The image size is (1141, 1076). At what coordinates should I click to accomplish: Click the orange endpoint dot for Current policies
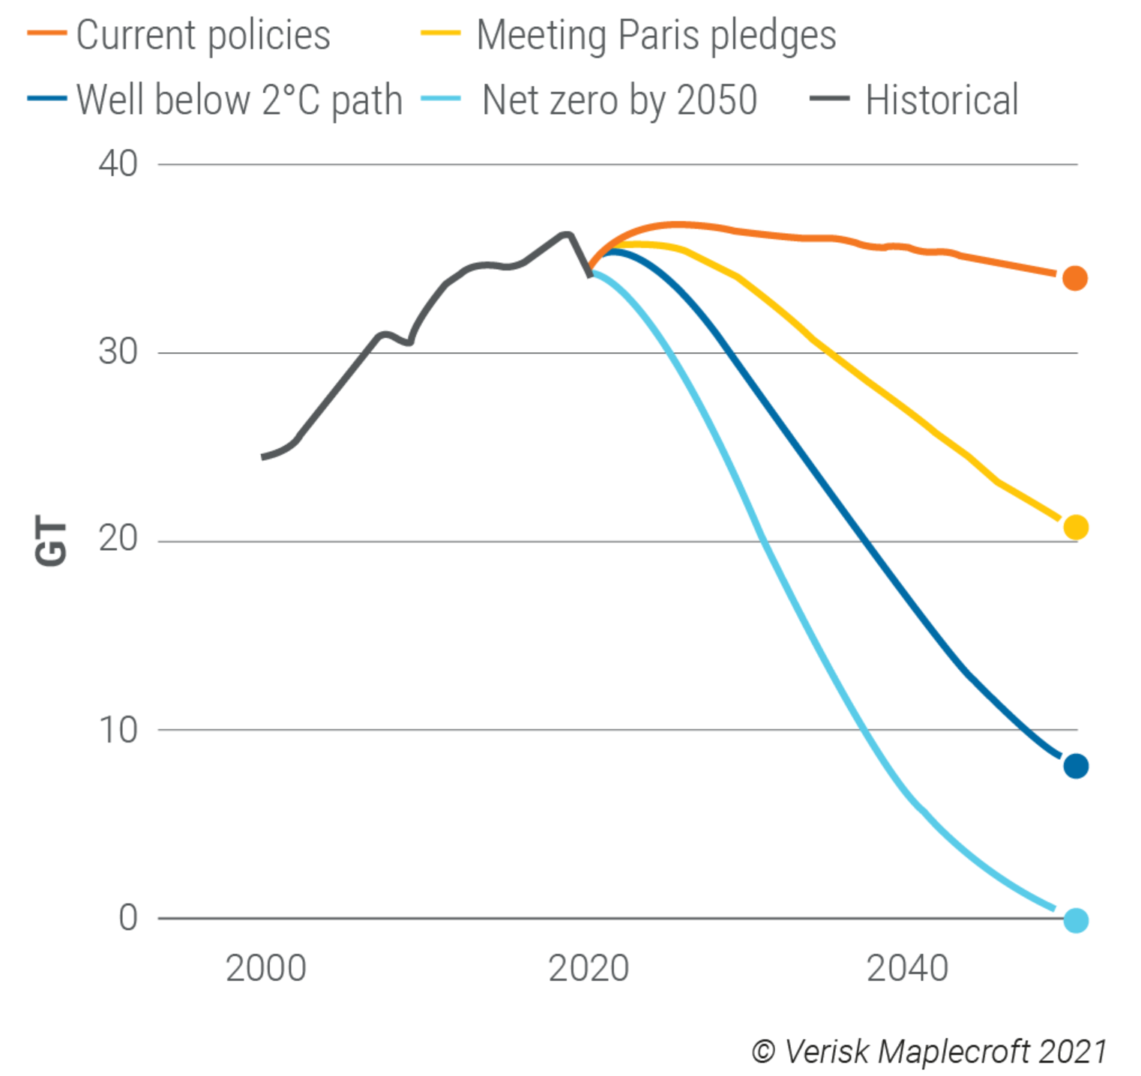[x=1074, y=278]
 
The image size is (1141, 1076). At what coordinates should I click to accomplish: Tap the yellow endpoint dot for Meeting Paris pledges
[x=1075, y=528]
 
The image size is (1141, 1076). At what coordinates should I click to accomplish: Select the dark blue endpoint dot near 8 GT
[x=1075, y=766]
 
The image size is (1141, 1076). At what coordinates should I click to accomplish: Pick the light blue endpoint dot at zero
[x=1075, y=920]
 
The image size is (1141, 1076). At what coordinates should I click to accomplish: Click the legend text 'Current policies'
[x=202, y=35]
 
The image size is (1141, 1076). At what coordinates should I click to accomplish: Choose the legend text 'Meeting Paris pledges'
[x=656, y=35]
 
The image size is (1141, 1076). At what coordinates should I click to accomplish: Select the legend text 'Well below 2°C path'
[x=239, y=100]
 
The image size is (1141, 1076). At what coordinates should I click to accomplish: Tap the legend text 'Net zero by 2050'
[x=619, y=100]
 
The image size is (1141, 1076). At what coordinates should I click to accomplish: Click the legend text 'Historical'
[x=942, y=100]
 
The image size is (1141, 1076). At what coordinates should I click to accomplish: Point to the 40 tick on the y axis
[x=118, y=164]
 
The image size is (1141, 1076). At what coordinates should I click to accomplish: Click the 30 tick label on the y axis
[x=118, y=352]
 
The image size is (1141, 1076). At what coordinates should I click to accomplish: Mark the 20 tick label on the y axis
[x=118, y=539]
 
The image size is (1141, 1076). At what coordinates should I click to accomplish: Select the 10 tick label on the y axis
[x=118, y=730]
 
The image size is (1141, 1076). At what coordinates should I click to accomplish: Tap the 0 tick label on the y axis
[x=128, y=918]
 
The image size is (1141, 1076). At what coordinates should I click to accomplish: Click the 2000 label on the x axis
[x=265, y=968]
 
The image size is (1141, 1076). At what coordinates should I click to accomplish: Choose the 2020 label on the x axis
[x=588, y=968]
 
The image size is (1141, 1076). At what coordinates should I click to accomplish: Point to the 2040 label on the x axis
[x=907, y=968]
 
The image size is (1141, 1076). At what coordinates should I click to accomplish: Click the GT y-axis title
[x=51, y=541]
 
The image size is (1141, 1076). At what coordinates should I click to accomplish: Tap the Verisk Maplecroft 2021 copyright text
[x=929, y=1051]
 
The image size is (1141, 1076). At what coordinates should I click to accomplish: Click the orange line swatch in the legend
[x=46, y=34]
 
